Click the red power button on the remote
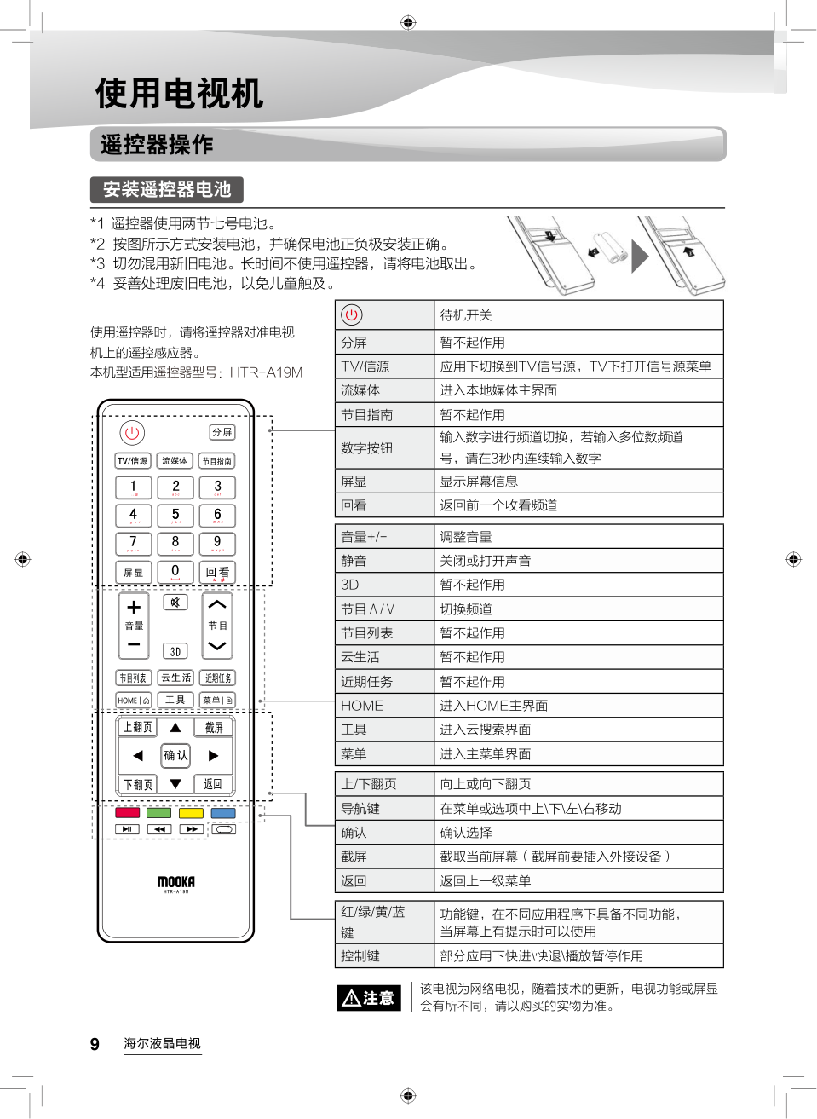pyautogui.click(x=132, y=433)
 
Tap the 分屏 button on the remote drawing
pyautogui.click(x=222, y=432)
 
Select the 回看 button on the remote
pyautogui.click(x=217, y=572)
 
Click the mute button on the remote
pyautogui.click(x=175, y=603)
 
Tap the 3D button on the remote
pyautogui.click(x=175, y=651)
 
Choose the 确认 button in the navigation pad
pyautogui.click(x=175, y=755)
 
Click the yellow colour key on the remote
pyautogui.click(x=191, y=812)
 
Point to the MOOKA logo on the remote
pyautogui.click(x=175, y=882)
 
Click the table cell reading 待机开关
pyautogui.click(x=465, y=315)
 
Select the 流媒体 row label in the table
pyautogui.click(x=360, y=390)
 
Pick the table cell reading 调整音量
pyautogui.click(x=465, y=537)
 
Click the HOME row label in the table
pyautogui.click(x=362, y=706)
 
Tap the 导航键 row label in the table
pyautogui.click(x=360, y=809)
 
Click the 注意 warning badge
pyautogui.click(x=368, y=998)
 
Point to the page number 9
pyautogui.click(x=95, y=1044)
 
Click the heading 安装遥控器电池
pyautogui.click(x=167, y=189)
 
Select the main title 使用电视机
pyautogui.click(x=179, y=93)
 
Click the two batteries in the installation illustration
pyautogui.click(x=610, y=246)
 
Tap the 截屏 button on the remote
pyautogui.click(x=214, y=727)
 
